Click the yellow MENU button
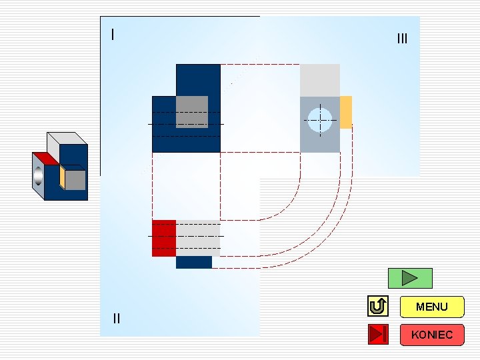tap(431, 307)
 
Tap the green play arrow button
tap(410, 278)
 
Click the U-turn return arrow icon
tap(377, 307)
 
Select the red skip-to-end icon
tap(377, 334)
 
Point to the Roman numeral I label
tap(113, 34)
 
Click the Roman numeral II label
tap(117, 319)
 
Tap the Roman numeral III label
tap(401, 39)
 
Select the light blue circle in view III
tap(320, 117)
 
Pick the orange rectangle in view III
tap(346, 112)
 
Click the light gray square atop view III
tap(320, 80)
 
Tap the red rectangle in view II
tap(164, 238)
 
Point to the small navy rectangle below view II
tap(194, 263)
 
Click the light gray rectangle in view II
tap(198, 238)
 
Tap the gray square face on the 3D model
tap(75, 180)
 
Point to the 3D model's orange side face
tap(62, 177)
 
